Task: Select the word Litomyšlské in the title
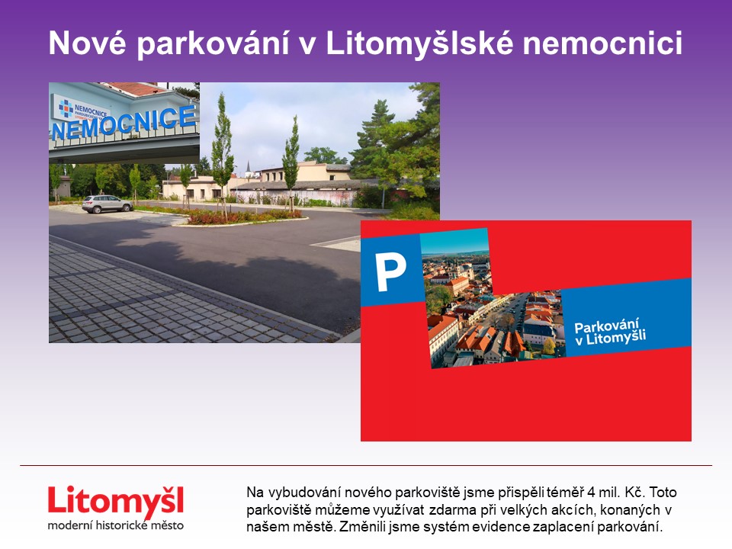coord(419,43)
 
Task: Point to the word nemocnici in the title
coord(602,43)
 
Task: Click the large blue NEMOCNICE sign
coord(124,123)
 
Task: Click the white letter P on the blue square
coord(390,271)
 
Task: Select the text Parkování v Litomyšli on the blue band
coord(610,332)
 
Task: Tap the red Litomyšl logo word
coord(116,502)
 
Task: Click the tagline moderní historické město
coord(115,525)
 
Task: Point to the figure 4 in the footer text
coord(592,493)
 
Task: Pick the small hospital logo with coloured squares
coord(66,109)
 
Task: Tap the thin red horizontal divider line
coord(366,465)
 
